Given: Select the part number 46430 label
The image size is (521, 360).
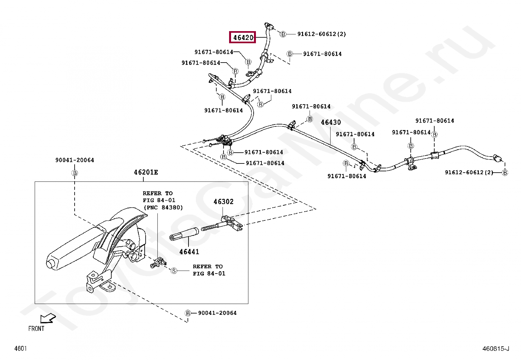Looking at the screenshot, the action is click(331, 122).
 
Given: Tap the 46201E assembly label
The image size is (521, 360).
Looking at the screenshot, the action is click(146, 172).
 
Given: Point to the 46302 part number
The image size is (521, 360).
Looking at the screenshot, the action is click(223, 202).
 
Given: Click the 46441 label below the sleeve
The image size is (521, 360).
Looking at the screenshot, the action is click(189, 252).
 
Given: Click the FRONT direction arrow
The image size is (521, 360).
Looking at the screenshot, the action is click(48, 318).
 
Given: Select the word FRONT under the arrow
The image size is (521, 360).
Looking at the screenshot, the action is click(36, 329).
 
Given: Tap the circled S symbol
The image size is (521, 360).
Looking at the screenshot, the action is click(174, 271).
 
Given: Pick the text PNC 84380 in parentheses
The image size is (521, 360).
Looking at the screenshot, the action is click(163, 207).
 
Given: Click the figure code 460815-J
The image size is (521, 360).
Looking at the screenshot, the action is click(496, 349).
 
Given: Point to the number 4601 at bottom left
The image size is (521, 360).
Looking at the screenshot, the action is click(21, 348).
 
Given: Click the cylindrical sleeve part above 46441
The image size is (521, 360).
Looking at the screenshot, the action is click(184, 234).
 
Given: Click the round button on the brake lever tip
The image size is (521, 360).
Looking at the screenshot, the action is click(49, 264).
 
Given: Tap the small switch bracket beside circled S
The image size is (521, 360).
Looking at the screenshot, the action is click(159, 263).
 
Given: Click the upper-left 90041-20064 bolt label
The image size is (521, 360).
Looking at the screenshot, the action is click(75, 160).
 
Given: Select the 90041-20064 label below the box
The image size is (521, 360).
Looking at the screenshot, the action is click(217, 313).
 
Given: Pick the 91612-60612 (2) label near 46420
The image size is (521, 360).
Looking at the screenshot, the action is click(321, 34).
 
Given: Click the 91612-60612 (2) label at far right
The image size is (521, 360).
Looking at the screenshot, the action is click(469, 172).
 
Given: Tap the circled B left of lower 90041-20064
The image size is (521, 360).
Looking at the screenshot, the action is click(188, 313).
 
